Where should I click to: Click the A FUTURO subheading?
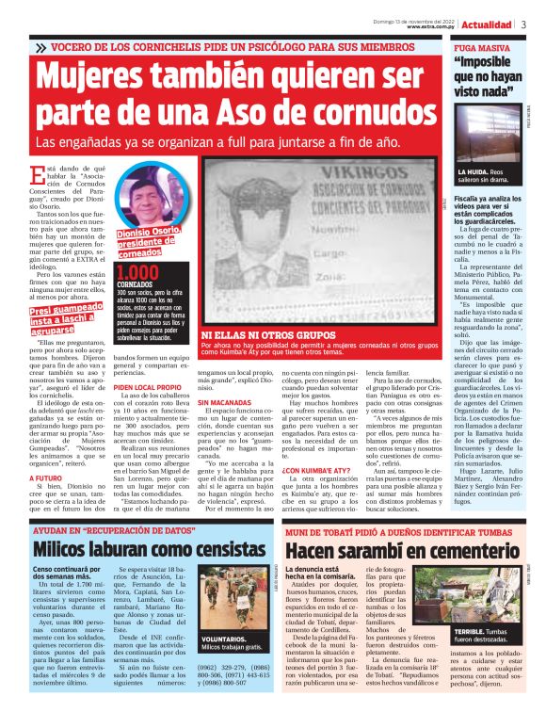(x=44, y=477)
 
